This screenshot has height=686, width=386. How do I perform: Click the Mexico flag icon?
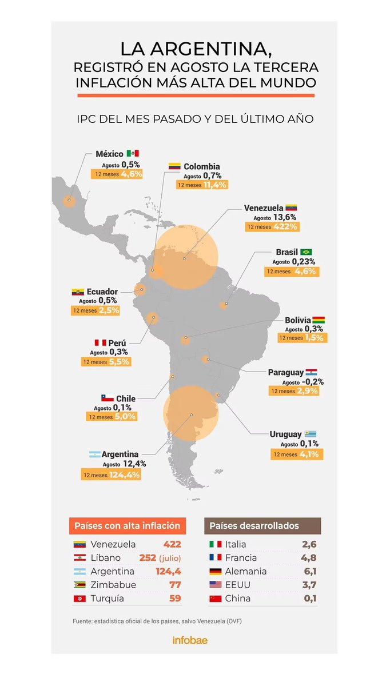tap(133, 153)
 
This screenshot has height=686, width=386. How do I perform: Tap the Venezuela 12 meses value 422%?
tap(286, 227)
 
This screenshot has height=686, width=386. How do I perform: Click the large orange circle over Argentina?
tap(191, 413)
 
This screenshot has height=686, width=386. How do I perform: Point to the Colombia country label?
tap(202, 166)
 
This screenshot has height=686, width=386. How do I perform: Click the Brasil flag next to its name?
tap(306, 252)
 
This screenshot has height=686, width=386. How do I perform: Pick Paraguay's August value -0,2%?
tap(311, 382)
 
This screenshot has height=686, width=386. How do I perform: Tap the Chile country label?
tap(125, 398)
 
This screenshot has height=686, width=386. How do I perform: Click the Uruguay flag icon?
tap(311, 434)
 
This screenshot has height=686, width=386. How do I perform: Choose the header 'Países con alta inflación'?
tap(128, 525)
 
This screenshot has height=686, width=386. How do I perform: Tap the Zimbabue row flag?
tap(79, 585)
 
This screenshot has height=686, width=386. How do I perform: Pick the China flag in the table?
tap(216, 599)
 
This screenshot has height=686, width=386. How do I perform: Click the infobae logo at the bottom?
tap(190, 640)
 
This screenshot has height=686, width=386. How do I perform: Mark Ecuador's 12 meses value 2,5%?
tap(109, 310)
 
